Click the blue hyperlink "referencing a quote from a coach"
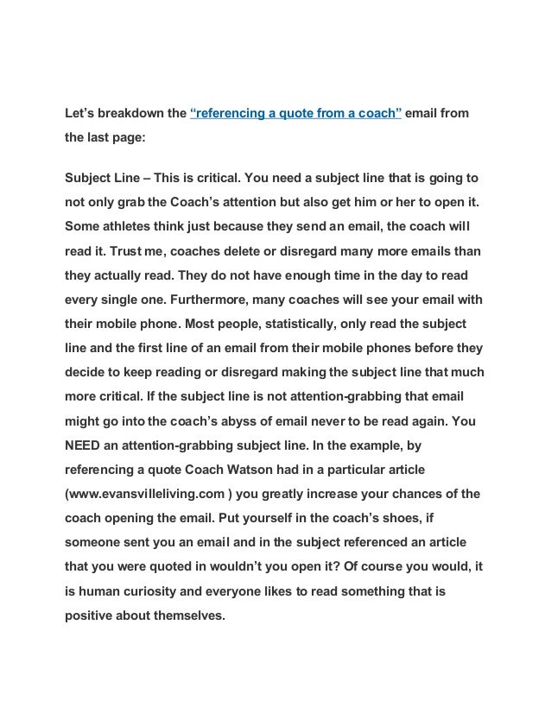(295, 112)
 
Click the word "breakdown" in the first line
(131, 112)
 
